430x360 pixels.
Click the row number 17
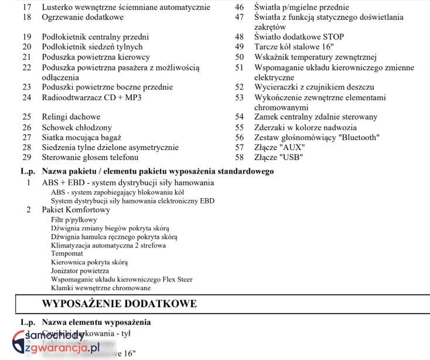coord(27,8)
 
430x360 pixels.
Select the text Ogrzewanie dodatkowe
coord(83,18)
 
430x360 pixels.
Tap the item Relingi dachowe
coord(71,117)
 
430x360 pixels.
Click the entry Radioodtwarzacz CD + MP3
coord(91,97)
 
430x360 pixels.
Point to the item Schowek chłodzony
coord(76,127)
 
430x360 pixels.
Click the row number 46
coord(239,8)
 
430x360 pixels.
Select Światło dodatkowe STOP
coord(299,37)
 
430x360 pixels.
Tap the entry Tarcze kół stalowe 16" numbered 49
coord(294,47)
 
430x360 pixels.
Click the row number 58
coord(239,157)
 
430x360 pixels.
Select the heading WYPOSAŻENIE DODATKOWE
coord(120,304)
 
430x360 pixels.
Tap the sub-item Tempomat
coord(66,254)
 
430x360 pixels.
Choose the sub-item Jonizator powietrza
coord(80,271)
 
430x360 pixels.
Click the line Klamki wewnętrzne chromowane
coord(101,288)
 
